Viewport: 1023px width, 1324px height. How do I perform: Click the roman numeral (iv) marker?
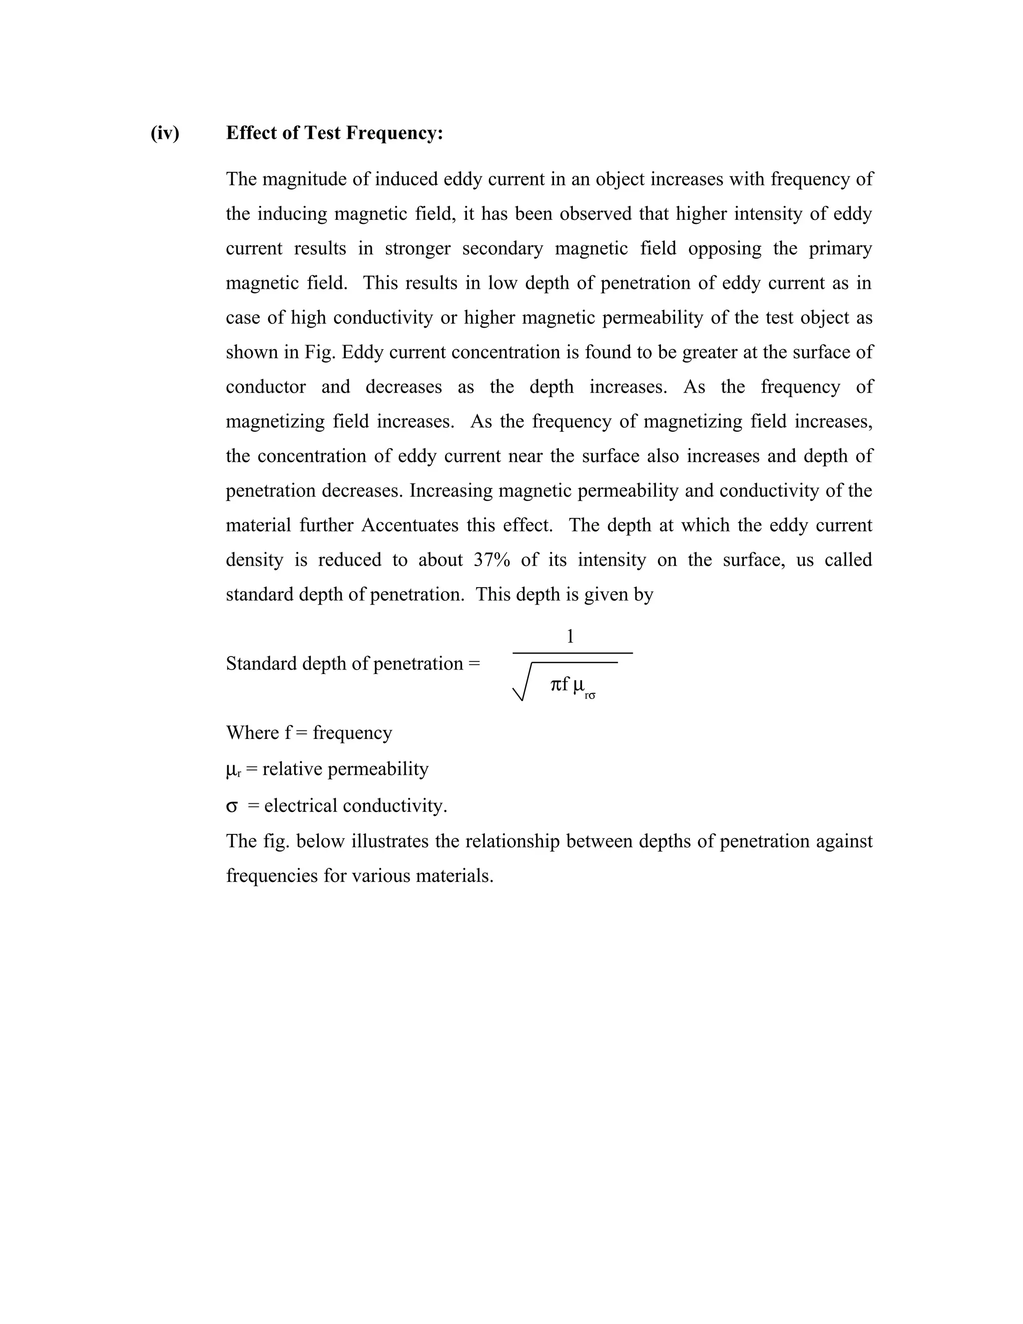[x=165, y=133]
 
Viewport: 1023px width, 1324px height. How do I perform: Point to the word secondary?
[x=503, y=248]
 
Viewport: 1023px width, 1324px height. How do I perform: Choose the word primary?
[x=840, y=248]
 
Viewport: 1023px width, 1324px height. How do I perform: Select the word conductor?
[x=265, y=387]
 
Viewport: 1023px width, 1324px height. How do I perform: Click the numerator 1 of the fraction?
[x=569, y=637]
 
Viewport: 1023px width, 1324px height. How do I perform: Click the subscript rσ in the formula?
[x=590, y=696]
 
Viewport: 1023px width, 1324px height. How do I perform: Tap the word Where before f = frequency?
[x=252, y=733]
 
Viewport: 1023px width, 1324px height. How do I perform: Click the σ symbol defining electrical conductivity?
[x=231, y=807]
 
